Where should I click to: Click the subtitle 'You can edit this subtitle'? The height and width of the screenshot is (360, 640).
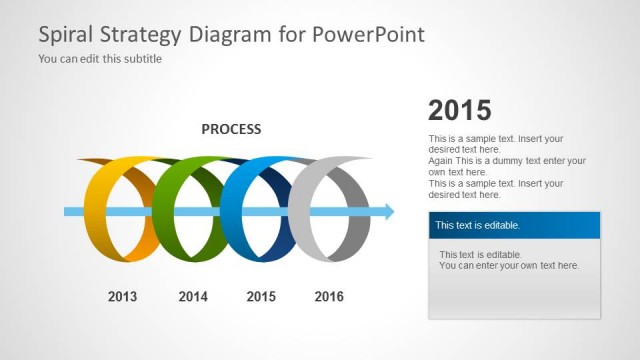(x=100, y=59)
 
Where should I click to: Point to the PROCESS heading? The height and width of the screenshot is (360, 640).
(x=231, y=129)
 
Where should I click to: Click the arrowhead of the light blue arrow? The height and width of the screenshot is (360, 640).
(x=387, y=211)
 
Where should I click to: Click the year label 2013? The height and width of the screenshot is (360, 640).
(x=122, y=296)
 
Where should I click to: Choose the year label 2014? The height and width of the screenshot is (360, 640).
(x=192, y=296)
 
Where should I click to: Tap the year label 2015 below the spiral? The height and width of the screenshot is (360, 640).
(x=261, y=296)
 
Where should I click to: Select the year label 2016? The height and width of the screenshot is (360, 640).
(x=329, y=296)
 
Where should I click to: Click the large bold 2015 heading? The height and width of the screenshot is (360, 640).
(x=459, y=110)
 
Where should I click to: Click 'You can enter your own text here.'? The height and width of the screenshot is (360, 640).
(x=509, y=266)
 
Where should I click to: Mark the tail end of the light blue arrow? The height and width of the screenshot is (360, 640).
(x=68, y=211)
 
